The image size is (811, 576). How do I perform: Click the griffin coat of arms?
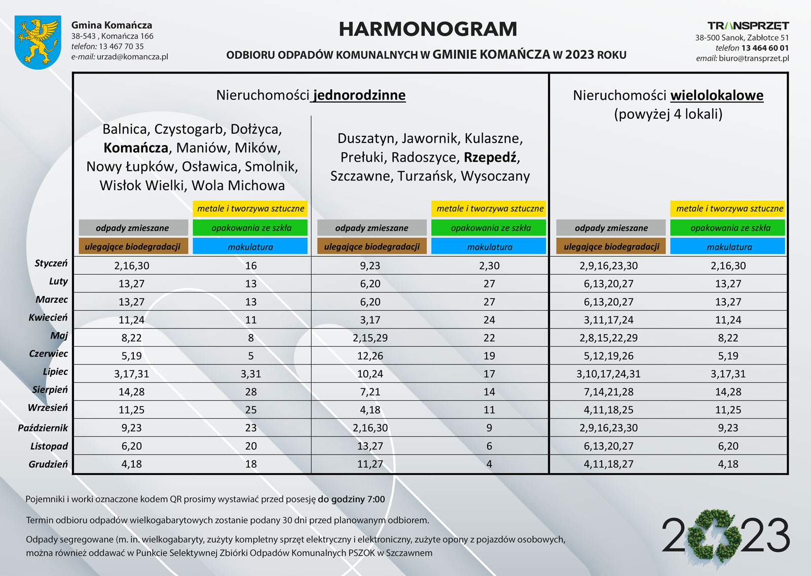(x=38, y=42)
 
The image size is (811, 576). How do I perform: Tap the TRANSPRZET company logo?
(x=748, y=26)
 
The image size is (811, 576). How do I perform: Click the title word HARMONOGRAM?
(x=428, y=29)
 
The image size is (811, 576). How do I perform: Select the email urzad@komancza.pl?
(x=132, y=57)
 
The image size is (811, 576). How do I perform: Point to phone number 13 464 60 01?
(x=765, y=48)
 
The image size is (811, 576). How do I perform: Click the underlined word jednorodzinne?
(x=359, y=95)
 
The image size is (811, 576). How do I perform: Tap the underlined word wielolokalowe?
(x=717, y=95)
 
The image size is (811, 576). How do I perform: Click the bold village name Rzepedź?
(x=490, y=157)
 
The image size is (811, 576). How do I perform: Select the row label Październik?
(x=43, y=428)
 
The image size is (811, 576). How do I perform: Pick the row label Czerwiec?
(x=48, y=353)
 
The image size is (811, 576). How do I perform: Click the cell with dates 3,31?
(x=251, y=374)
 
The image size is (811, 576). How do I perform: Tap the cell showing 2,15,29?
(x=370, y=338)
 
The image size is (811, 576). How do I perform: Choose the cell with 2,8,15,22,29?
(x=608, y=338)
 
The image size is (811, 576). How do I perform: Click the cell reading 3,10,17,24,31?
(x=608, y=374)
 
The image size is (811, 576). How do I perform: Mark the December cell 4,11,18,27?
(x=608, y=464)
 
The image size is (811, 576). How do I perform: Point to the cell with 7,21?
(x=370, y=392)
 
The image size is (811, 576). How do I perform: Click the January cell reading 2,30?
(x=489, y=266)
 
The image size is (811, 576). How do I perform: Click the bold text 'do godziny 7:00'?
(x=351, y=499)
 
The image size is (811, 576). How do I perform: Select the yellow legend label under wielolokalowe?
(x=729, y=208)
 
